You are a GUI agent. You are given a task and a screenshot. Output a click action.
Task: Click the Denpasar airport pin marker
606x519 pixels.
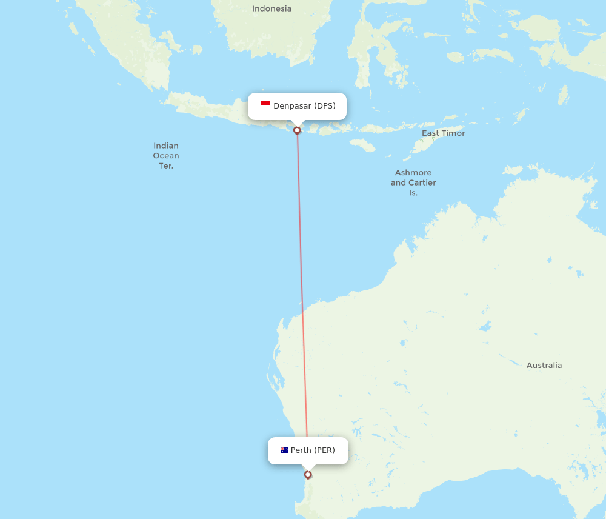[297, 130]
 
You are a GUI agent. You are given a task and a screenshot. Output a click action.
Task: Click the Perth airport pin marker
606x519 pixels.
[308, 474]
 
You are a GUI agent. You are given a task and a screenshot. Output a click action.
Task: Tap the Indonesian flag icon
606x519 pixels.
[265, 105]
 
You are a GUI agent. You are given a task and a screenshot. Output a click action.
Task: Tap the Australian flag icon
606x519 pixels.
[284, 450]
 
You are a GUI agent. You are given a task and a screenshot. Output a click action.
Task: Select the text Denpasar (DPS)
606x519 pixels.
[304, 106]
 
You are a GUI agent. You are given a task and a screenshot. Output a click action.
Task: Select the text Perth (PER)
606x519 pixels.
[313, 450]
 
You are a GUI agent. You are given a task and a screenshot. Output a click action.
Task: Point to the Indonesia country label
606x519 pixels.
[271, 8]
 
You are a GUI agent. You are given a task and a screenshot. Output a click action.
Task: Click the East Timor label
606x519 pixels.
[443, 133]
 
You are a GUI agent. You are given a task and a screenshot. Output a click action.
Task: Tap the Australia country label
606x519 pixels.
[544, 366]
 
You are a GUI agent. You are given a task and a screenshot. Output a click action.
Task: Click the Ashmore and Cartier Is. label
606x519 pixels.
[413, 182]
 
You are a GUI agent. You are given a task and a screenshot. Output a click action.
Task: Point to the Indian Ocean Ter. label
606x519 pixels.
[166, 155]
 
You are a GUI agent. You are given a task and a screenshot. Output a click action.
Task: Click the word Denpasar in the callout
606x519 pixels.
[292, 106]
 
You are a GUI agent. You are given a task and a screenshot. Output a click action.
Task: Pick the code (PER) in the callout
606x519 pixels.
[324, 450]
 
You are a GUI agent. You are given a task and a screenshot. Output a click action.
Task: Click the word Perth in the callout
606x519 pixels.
[301, 450]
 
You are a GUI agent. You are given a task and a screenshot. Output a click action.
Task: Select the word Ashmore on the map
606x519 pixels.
[413, 173]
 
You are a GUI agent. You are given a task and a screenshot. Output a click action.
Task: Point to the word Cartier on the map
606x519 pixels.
[422, 182]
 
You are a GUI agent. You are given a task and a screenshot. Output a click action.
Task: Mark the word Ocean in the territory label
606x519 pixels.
[166, 156]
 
